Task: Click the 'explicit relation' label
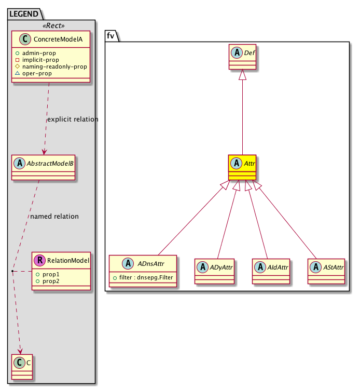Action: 72,119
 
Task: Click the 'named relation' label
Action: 54,216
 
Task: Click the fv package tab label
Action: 111,35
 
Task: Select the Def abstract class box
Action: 243,58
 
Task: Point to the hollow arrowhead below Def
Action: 243,75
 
